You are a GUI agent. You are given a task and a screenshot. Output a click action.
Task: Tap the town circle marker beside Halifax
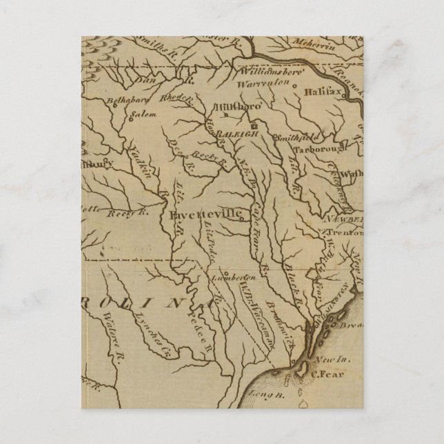(x=294, y=88)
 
